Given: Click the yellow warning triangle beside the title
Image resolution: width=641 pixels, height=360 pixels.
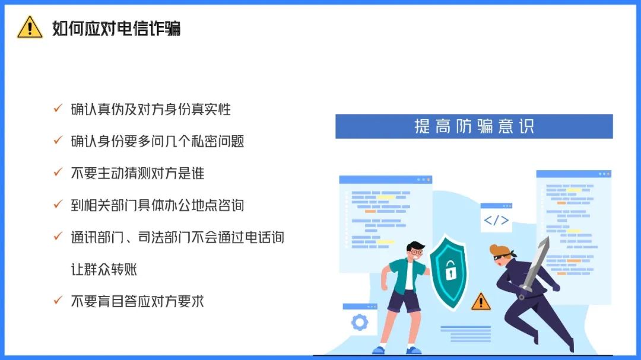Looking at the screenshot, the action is point(30,27).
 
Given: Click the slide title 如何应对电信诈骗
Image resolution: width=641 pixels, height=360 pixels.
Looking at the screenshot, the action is point(116,28).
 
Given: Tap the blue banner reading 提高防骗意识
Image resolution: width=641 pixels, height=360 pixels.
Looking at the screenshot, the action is point(474,126).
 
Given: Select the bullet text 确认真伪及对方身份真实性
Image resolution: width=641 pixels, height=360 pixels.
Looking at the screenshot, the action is point(151,109).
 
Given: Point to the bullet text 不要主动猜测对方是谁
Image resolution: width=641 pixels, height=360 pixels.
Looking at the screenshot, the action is point(137,173).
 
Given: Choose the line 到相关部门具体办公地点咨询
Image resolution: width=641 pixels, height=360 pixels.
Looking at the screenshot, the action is point(157,205).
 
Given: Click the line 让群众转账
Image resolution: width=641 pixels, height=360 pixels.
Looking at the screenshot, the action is point(104,269).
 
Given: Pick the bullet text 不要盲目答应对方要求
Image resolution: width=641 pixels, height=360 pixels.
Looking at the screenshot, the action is point(137,301).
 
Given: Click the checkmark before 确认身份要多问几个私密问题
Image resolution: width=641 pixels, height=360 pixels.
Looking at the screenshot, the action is point(58,140).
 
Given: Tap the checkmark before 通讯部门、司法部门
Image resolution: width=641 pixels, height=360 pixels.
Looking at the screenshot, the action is point(58,236).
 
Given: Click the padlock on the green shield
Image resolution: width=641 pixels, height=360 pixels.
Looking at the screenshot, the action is point(450,270).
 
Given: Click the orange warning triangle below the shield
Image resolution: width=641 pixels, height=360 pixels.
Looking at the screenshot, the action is point(481,301).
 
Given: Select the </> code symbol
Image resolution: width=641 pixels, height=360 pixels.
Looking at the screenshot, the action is point(496,220).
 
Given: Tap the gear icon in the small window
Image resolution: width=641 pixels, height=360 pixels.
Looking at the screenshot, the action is point(360,323).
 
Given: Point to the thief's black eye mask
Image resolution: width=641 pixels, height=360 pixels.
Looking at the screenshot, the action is point(502,257).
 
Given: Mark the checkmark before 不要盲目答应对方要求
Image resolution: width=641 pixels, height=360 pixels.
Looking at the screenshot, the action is point(58,300).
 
